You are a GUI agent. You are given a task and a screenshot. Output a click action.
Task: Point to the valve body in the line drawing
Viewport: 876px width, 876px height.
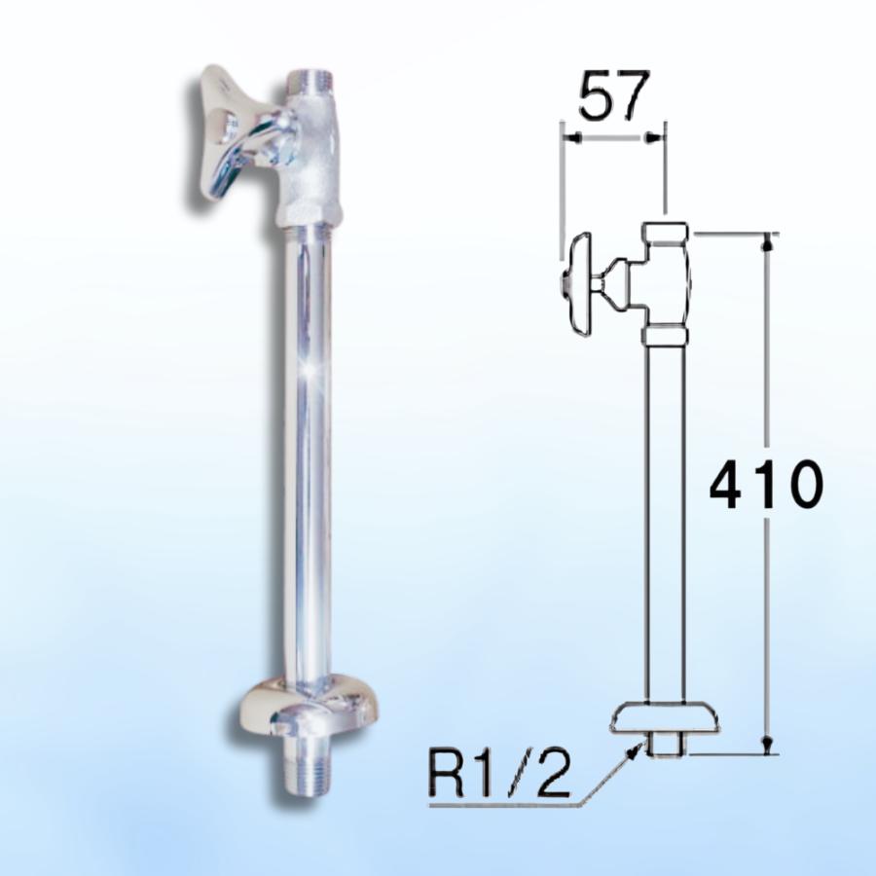coord(666,277)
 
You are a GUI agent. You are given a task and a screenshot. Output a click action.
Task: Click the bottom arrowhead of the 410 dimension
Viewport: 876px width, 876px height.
coord(768,746)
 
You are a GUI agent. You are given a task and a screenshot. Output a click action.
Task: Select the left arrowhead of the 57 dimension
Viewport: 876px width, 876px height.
coord(574,137)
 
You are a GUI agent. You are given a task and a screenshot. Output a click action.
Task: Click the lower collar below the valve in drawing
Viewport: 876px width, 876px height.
coord(666,336)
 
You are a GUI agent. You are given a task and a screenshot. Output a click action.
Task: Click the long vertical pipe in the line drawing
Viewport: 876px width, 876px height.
coord(666,516)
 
